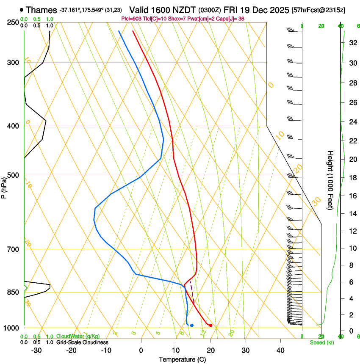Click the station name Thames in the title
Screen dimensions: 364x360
41,10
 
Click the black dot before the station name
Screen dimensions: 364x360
22,10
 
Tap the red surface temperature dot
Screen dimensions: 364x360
210,325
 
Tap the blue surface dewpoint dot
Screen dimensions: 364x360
192,325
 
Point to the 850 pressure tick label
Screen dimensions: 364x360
14,292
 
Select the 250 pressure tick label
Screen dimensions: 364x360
14,22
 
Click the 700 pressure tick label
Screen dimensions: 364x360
14,249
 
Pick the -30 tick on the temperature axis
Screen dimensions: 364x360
36,350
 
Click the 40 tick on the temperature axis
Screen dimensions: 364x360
280,350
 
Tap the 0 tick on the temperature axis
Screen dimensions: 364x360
141,350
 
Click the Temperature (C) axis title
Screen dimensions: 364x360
182,359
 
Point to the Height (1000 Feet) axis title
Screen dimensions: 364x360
330,180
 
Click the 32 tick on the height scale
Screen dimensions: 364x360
352,43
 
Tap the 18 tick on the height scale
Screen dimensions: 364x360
352,178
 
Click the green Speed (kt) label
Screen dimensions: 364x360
321,342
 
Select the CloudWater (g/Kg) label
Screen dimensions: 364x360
78,336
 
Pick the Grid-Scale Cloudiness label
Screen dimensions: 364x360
82,342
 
